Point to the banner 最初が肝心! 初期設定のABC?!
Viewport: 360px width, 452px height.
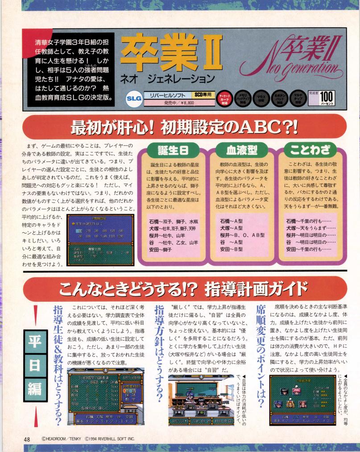tap(180, 115)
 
